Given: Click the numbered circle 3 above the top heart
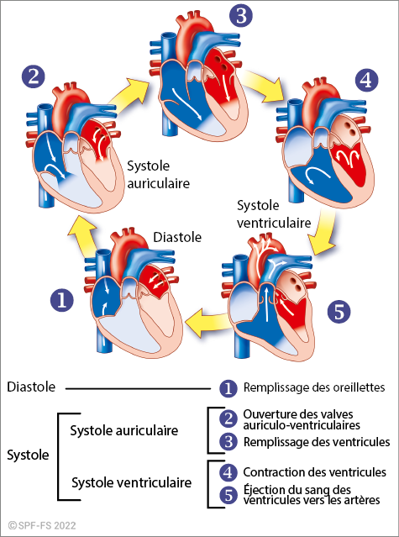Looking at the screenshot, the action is pos(241,15).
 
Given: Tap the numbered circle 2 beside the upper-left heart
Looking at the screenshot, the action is pos(34,76).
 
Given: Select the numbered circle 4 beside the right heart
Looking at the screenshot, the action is pos(366,81).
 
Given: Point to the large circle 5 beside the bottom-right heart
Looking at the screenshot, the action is pos(339,312).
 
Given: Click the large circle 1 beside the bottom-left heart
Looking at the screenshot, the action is pos(62,300).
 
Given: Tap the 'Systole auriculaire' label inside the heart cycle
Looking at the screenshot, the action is pos(159,175).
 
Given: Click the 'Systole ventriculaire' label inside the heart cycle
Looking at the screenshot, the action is pos(274,214).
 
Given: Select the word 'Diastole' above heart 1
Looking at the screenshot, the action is pos(177,237).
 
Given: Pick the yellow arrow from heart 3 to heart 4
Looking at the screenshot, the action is pos(263,89).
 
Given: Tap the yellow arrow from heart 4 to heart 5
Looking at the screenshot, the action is pos(323,233).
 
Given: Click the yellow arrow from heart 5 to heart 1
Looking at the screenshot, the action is pos(207,322).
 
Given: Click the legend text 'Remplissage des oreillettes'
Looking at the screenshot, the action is pos(314,387).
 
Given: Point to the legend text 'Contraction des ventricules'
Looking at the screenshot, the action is pos(315,472).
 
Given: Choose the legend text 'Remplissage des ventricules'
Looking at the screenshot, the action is pos(317,442).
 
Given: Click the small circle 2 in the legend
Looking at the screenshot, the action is pos(228,419).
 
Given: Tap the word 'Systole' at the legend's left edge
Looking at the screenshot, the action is pos(28,455).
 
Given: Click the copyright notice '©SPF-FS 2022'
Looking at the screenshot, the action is pos(42,525).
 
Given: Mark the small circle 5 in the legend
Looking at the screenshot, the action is pos(228,495).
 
